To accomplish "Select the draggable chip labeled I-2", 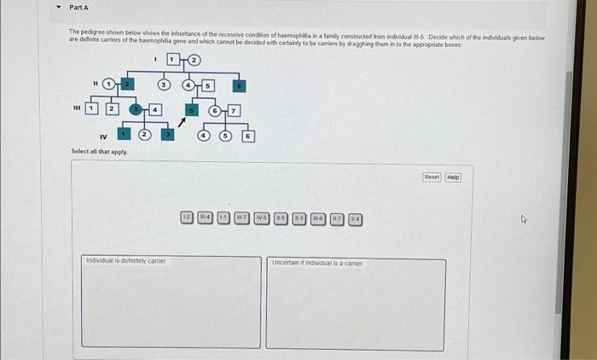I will pyautogui.click(x=186, y=218).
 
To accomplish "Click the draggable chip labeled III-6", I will pyautogui.click(x=317, y=218).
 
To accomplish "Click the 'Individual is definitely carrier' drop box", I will pyautogui.click(x=171, y=301).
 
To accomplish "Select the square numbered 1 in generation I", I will pyautogui.click(x=173, y=60).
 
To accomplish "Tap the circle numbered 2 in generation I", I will pyautogui.click(x=194, y=60).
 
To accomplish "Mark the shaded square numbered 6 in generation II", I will pyautogui.click(x=241, y=84).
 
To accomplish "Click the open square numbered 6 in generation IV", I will pyautogui.click(x=247, y=136).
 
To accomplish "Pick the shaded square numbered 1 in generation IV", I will pyautogui.click(x=125, y=135).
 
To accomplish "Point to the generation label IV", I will pyautogui.click(x=102, y=136).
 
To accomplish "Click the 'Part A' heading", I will pyautogui.click(x=78, y=8).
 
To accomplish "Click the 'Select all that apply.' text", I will pyautogui.click(x=100, y=151).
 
